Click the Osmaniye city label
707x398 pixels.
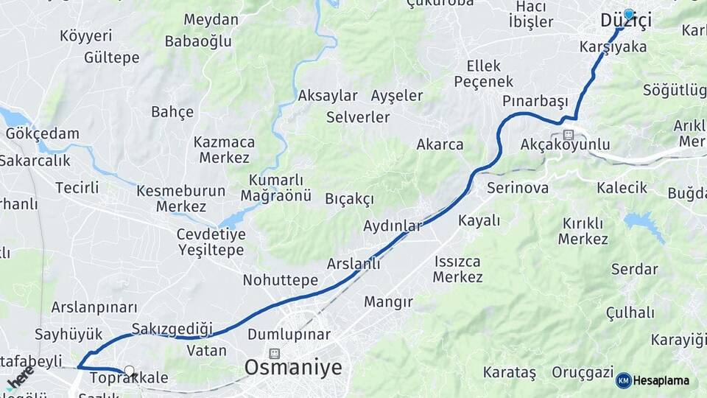click(x=293, y=367)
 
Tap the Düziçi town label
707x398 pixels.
click(x=626, y=22)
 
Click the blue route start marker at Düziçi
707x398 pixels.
click(x=628, y=14)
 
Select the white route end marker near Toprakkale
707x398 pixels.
click(x=130, y=371)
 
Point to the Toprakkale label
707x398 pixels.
click(x=128, y=379)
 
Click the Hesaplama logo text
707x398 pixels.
click(x=661, y=381)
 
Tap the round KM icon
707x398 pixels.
click(x=624, y=381)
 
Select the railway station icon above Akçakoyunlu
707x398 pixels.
click(x=568, y=134)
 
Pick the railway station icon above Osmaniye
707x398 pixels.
click(x=275, y=354)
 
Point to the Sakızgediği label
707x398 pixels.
click(x=172, y=328)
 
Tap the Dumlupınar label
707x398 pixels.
click(x=289, y=335)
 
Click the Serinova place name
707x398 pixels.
click(x=517, y=188)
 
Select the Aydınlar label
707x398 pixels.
click(x=393, y=226)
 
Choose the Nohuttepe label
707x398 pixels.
click(x=280, y=280)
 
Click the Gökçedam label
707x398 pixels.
click(x=42, y=133)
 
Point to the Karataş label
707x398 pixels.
click(x=510, y=372)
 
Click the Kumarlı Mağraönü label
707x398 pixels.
click(x=276, y=188)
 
